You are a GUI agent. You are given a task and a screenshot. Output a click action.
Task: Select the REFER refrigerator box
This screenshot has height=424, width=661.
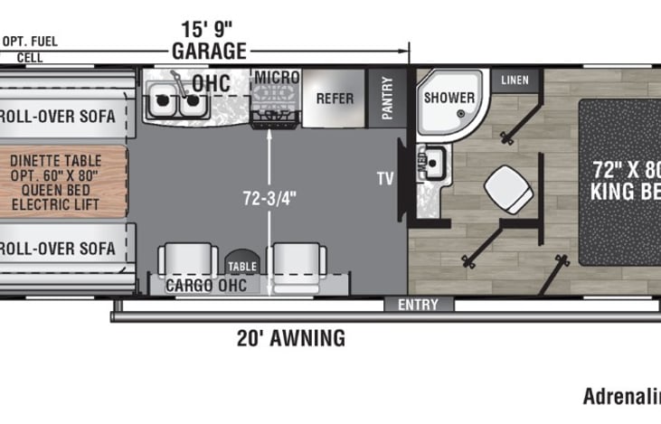coord(334,98)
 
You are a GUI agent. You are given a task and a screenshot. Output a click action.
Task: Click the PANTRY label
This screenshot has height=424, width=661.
coord(387,98)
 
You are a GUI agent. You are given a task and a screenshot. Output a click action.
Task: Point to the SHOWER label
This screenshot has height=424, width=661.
coord(449,97)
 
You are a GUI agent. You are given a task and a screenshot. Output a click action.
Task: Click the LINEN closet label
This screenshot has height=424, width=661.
coord(515,80)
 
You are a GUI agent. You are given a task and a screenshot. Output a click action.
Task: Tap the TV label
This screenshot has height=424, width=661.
coord(385,179)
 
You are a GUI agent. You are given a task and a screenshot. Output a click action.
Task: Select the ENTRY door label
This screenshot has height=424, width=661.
coord(418,305)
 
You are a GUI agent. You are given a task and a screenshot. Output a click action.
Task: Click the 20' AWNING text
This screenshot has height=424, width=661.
coord(290,339)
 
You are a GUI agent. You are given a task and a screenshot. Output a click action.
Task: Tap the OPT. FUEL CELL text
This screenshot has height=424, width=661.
coord(31,48)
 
